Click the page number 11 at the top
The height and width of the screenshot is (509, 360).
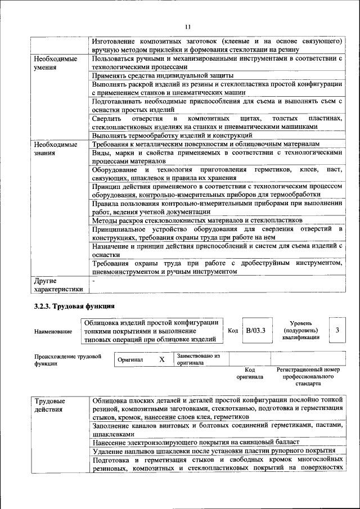[x=188, y=26]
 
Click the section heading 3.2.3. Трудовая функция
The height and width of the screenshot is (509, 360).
[x=71, y=307]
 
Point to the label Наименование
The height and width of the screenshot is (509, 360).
[x=53, y=331]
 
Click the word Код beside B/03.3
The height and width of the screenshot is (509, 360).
[x=232, y=331]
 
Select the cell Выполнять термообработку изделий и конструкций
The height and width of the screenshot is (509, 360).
[x=172, y=136]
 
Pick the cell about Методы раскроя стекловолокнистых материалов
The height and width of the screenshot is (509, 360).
[x=197, y=220]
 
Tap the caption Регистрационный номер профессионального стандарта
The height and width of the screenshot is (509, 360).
[x=308, y=376]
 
